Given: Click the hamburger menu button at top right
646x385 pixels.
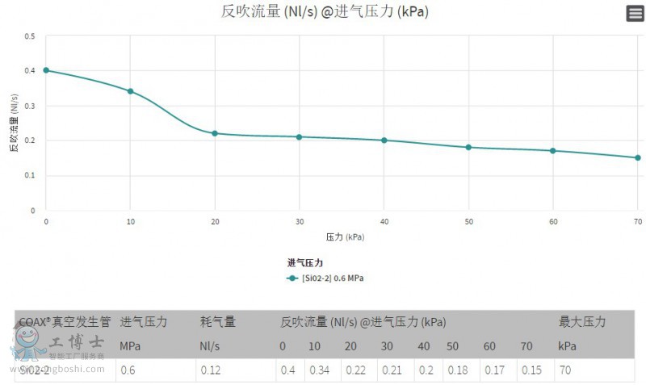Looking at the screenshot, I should pos(635,13).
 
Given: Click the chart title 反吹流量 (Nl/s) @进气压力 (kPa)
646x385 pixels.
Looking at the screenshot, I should pos(325,11).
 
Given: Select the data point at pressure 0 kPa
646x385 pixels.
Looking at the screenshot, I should pos(46,70).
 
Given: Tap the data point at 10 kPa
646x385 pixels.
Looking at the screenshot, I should pos(130,91).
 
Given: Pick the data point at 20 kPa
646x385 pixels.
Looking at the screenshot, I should pos(215,133).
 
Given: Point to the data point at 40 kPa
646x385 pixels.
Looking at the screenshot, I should pos(384,140).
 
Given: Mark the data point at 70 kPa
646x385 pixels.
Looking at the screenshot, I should pos(637,157).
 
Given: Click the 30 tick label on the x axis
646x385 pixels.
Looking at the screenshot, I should pos(299,221).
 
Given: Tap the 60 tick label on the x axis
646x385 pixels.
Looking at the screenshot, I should pos(552,221).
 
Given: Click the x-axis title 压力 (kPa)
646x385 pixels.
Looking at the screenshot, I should pos(343,237).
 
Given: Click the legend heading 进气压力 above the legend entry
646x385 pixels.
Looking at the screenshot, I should pos(305,263).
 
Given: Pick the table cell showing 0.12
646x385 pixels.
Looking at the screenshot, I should pos(212,370).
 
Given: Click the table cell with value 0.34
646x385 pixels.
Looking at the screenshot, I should pos(319,370).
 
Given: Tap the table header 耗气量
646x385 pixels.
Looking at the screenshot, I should pos(218,322).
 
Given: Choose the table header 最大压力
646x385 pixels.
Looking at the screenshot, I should pos(581,322).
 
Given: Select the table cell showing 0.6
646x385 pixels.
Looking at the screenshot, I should pos(128,370).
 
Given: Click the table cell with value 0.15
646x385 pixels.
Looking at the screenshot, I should pos(531,370).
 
